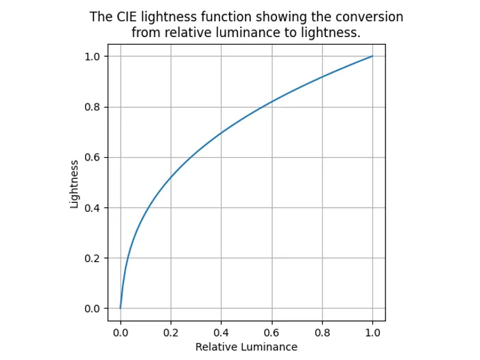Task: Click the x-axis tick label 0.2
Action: point(171,332)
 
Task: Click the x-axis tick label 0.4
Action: point(221,332)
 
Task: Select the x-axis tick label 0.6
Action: point(272,332)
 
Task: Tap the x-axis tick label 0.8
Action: point(322,332)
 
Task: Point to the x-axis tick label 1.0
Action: point(372,332)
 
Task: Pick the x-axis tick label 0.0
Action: point(121,332)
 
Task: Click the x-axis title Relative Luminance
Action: point(246,347)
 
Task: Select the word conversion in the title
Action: point(370,17)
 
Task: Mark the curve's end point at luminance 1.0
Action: point(372,56)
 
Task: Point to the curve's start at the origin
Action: point(121,308)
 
